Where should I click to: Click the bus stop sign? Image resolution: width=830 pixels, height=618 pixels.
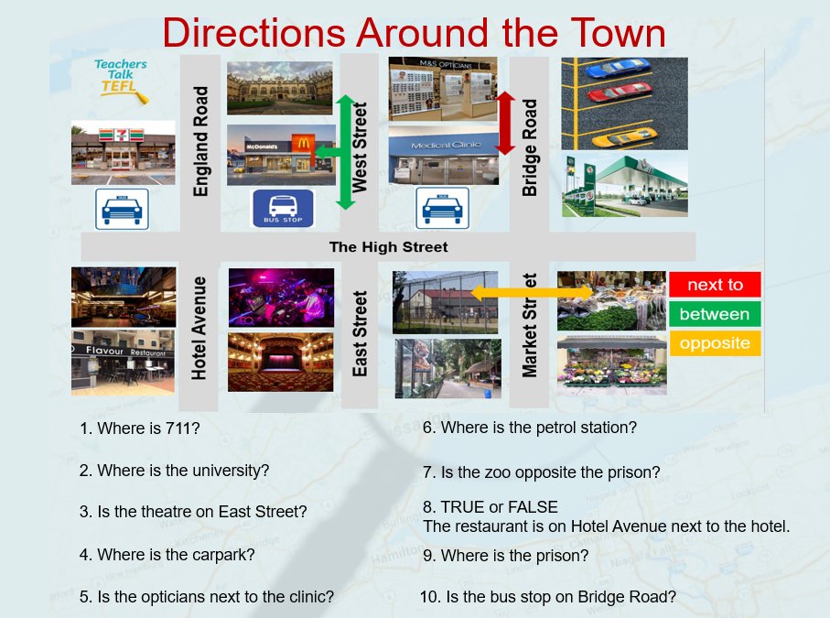(283, 208)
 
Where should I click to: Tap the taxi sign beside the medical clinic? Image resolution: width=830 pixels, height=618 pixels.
(442, 208)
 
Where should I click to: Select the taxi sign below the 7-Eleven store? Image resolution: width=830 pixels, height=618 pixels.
(122, 209)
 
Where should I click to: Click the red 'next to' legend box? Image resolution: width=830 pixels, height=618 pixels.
(715, 285)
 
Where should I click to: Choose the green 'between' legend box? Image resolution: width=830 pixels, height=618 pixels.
(715, 314)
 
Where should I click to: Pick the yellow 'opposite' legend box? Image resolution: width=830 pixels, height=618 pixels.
(715, 343)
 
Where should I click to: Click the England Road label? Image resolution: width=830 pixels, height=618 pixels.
(200, 141)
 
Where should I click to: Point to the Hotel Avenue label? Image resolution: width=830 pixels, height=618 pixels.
(199, 328)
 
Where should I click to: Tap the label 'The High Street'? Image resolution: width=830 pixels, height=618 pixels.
(389, 247)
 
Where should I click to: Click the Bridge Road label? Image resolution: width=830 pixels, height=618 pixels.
(529, 147)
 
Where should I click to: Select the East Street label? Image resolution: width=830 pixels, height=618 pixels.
(360, 333)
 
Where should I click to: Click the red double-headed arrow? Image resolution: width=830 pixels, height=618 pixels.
(505, 123)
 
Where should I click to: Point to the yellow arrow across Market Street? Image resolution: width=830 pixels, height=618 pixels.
(532, 292)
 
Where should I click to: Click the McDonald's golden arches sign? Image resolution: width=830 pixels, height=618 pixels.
(303, 144)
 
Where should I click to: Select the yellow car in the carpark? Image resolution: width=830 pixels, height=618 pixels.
(624, 136)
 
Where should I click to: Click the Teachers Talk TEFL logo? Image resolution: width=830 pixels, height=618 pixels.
(121, 81)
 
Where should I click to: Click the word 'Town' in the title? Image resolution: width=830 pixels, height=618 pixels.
(618, 33)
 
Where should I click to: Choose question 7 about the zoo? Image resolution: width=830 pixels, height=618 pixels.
(542, 472)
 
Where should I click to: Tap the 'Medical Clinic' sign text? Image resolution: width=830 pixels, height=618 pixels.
(447, 145)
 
